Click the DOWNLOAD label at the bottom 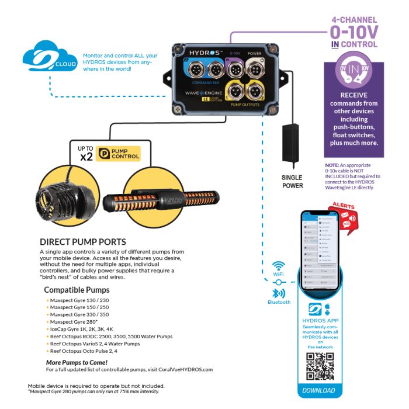[x=319, y=390]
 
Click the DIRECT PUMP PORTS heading [x=82, y=241]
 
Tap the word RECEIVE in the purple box [x=353, y=95]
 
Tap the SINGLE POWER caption [x=293, y=182]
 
